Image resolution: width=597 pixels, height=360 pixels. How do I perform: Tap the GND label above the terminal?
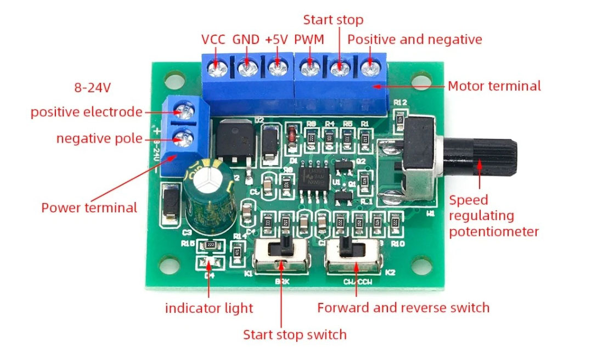click(x=246, y=40)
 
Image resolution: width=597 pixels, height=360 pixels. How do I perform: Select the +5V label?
click(x=277, y=40)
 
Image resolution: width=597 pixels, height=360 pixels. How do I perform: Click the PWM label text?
click(x=308, y=40)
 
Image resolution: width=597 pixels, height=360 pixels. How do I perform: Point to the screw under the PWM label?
click(x=311, y=69)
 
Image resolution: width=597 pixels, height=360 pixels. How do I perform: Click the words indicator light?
click(x=209, y=308)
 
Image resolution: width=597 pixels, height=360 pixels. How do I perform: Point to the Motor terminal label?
click(x=494, y=86)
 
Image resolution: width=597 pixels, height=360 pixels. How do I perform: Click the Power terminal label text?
click(x=89, y=208)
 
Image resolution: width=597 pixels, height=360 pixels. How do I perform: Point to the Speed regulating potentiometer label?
click(x=493, y=216)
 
